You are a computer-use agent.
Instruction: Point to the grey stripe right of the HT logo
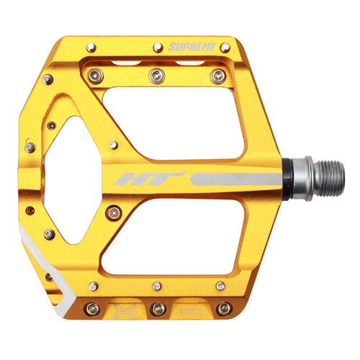(230, 178)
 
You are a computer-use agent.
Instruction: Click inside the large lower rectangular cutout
(191, 237)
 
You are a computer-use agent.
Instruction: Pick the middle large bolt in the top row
(155, 76)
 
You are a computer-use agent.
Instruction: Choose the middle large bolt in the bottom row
(158, 309)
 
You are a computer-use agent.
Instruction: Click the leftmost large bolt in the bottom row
(91, 309)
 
